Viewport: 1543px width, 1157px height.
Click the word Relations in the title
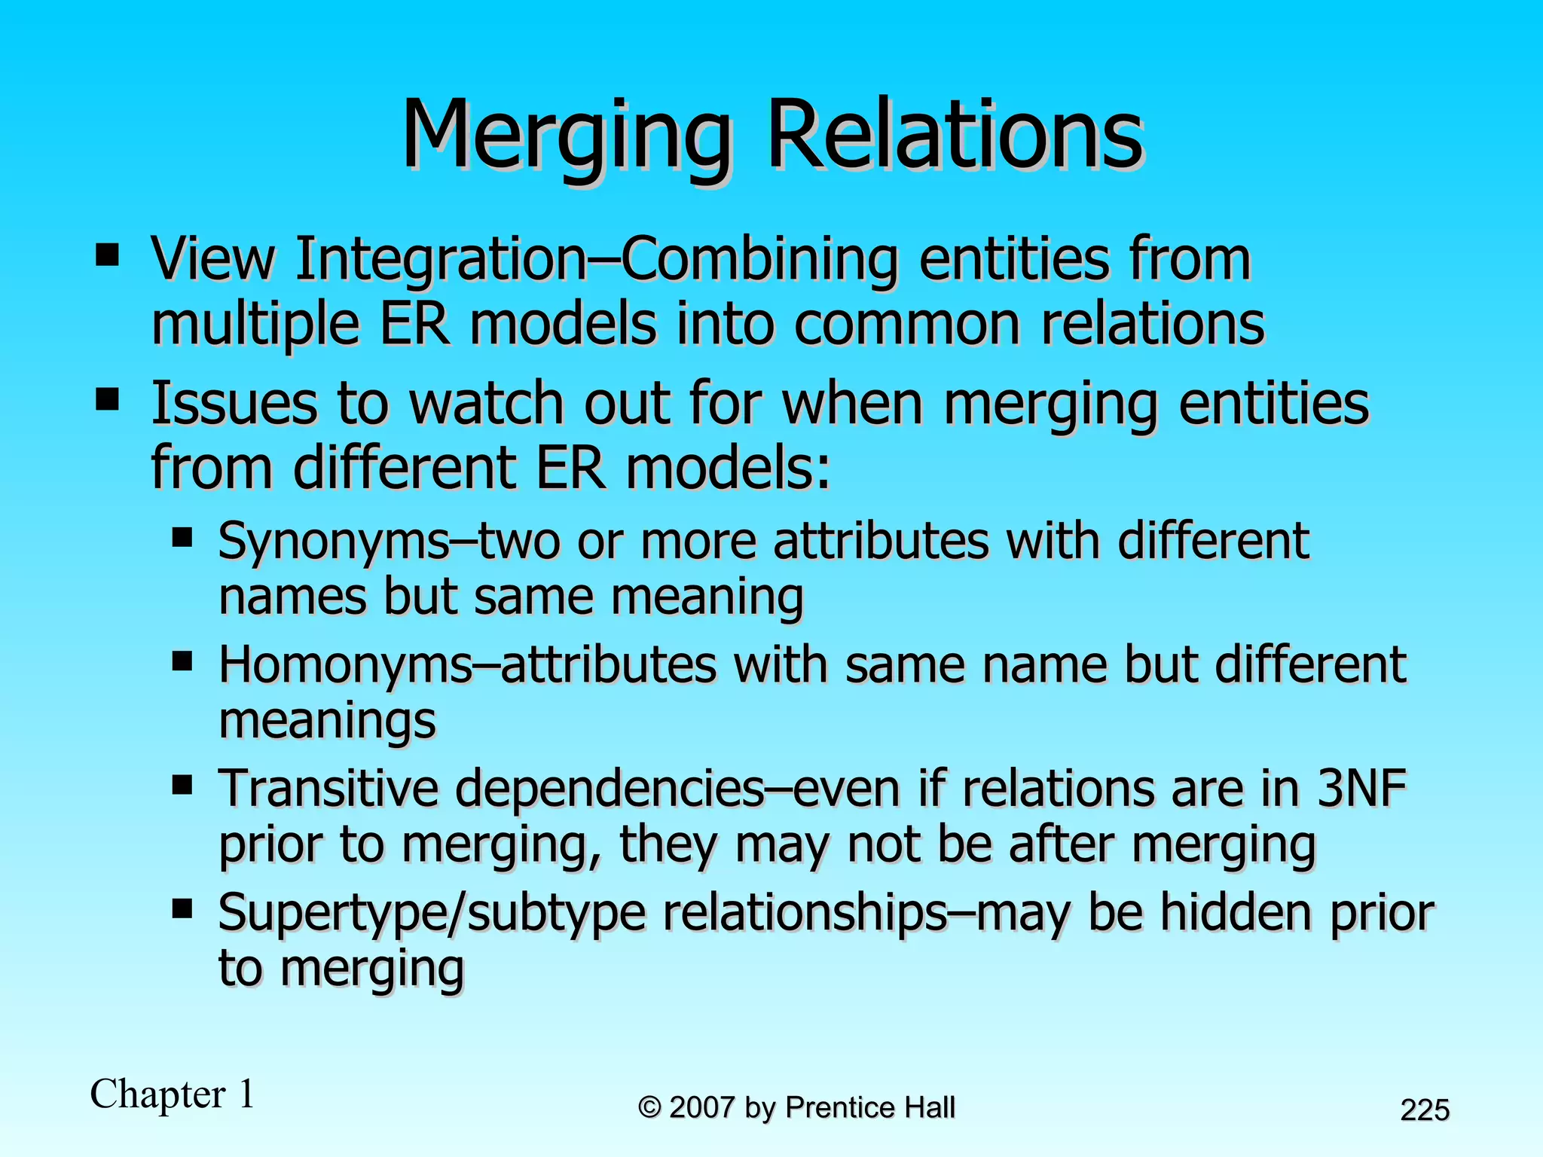955,136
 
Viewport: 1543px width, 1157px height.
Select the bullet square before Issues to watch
108,400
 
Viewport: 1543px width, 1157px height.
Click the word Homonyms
344,665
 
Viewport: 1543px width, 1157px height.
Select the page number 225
1425,1110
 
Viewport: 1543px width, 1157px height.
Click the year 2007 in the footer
701,1107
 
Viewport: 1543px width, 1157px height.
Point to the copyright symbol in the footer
649,1107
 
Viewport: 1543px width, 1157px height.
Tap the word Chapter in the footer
157,1094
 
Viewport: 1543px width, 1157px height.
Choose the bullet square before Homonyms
182,663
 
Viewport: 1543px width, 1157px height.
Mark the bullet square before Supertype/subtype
182,910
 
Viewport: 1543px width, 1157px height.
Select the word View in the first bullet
212,259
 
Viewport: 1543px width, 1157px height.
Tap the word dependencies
609,789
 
